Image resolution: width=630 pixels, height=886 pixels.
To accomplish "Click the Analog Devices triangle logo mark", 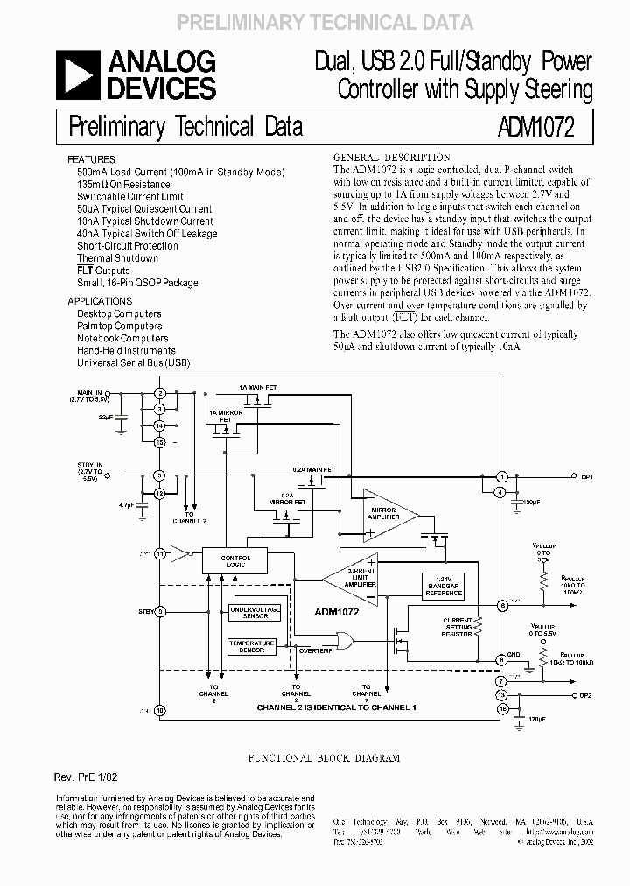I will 77,75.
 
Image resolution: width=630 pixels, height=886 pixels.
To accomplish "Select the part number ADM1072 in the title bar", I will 538,128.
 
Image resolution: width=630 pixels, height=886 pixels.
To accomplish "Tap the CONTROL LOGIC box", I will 234,561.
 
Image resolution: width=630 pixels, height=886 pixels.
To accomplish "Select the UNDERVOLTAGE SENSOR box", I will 255,612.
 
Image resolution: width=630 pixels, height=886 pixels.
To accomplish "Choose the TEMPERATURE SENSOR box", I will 251,646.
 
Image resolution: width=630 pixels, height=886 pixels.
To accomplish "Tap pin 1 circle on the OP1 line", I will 502,476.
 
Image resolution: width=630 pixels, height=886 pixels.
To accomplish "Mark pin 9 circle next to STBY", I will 159,612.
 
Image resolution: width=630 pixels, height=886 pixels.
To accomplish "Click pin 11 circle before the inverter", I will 159,553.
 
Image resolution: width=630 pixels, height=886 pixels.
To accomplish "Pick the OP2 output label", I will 585,694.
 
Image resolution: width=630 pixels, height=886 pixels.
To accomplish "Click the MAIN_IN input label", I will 90,391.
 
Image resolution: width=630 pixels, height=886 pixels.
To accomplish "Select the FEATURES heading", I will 90,160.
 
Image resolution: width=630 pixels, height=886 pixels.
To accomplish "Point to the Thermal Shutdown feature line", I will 117,258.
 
